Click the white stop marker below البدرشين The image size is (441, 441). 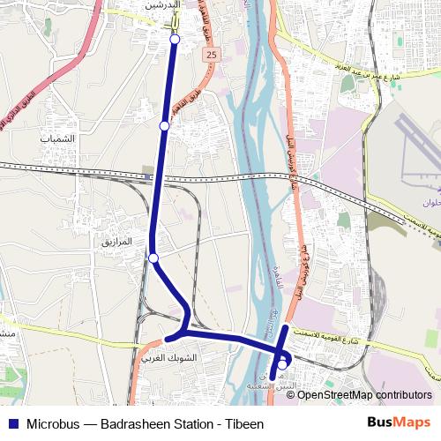(175, 40)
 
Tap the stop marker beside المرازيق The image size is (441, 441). (153, 258)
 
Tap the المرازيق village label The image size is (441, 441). (116, 241)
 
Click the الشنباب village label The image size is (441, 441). (58, 139)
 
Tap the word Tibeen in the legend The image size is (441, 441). (244, 424)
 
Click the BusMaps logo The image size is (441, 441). (399, 423)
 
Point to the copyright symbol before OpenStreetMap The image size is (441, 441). (291, 395)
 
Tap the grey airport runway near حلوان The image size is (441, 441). (415, 141)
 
